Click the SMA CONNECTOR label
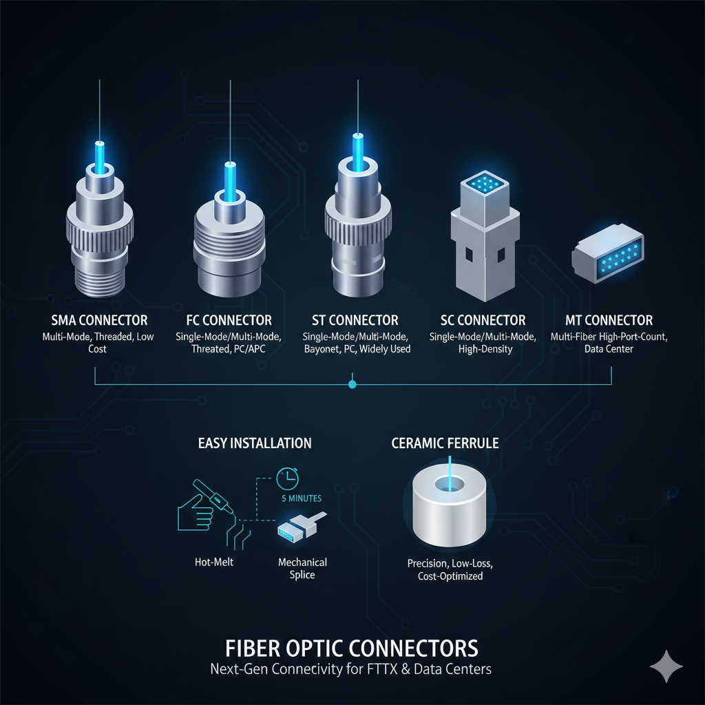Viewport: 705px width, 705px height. [x=99, y=320]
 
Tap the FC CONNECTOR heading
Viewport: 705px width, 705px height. [x=229, y=320]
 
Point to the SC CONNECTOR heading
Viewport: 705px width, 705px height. [x=483, y=320]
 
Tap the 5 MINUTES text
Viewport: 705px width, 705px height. [x=301, y=498]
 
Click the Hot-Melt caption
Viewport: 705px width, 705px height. [x=214, y=562]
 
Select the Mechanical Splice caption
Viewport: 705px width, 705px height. [x=302, y=568]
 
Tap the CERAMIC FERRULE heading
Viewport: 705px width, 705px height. [x=445, y=443]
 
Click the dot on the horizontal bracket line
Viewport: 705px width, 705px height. [x=352, y=384]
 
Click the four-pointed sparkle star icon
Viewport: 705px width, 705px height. [x=666, y=666]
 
